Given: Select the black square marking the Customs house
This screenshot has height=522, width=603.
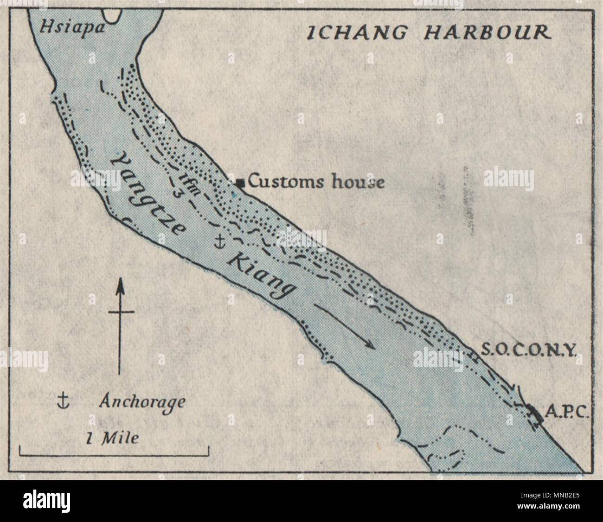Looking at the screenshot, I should coord(240,183).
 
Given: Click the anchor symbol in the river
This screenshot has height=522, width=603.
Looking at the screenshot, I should coord(221,241).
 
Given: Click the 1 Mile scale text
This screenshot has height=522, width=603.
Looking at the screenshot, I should coord(112,437).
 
